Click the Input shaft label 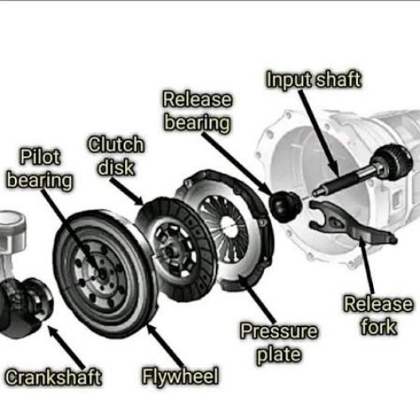point(313,80)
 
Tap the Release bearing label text point(197,111)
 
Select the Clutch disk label point(116,155)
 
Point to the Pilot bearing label point(39,169)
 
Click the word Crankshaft point(53,377)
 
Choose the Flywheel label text point(181,376)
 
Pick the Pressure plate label point(279,343)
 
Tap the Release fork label point(378,315)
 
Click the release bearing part point(285,205)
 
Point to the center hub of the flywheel point(102,273)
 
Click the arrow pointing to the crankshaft point(66,347)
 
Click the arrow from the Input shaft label point(319,134)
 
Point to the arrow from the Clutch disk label point(127,192)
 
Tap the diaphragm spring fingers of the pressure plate point(224,224)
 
